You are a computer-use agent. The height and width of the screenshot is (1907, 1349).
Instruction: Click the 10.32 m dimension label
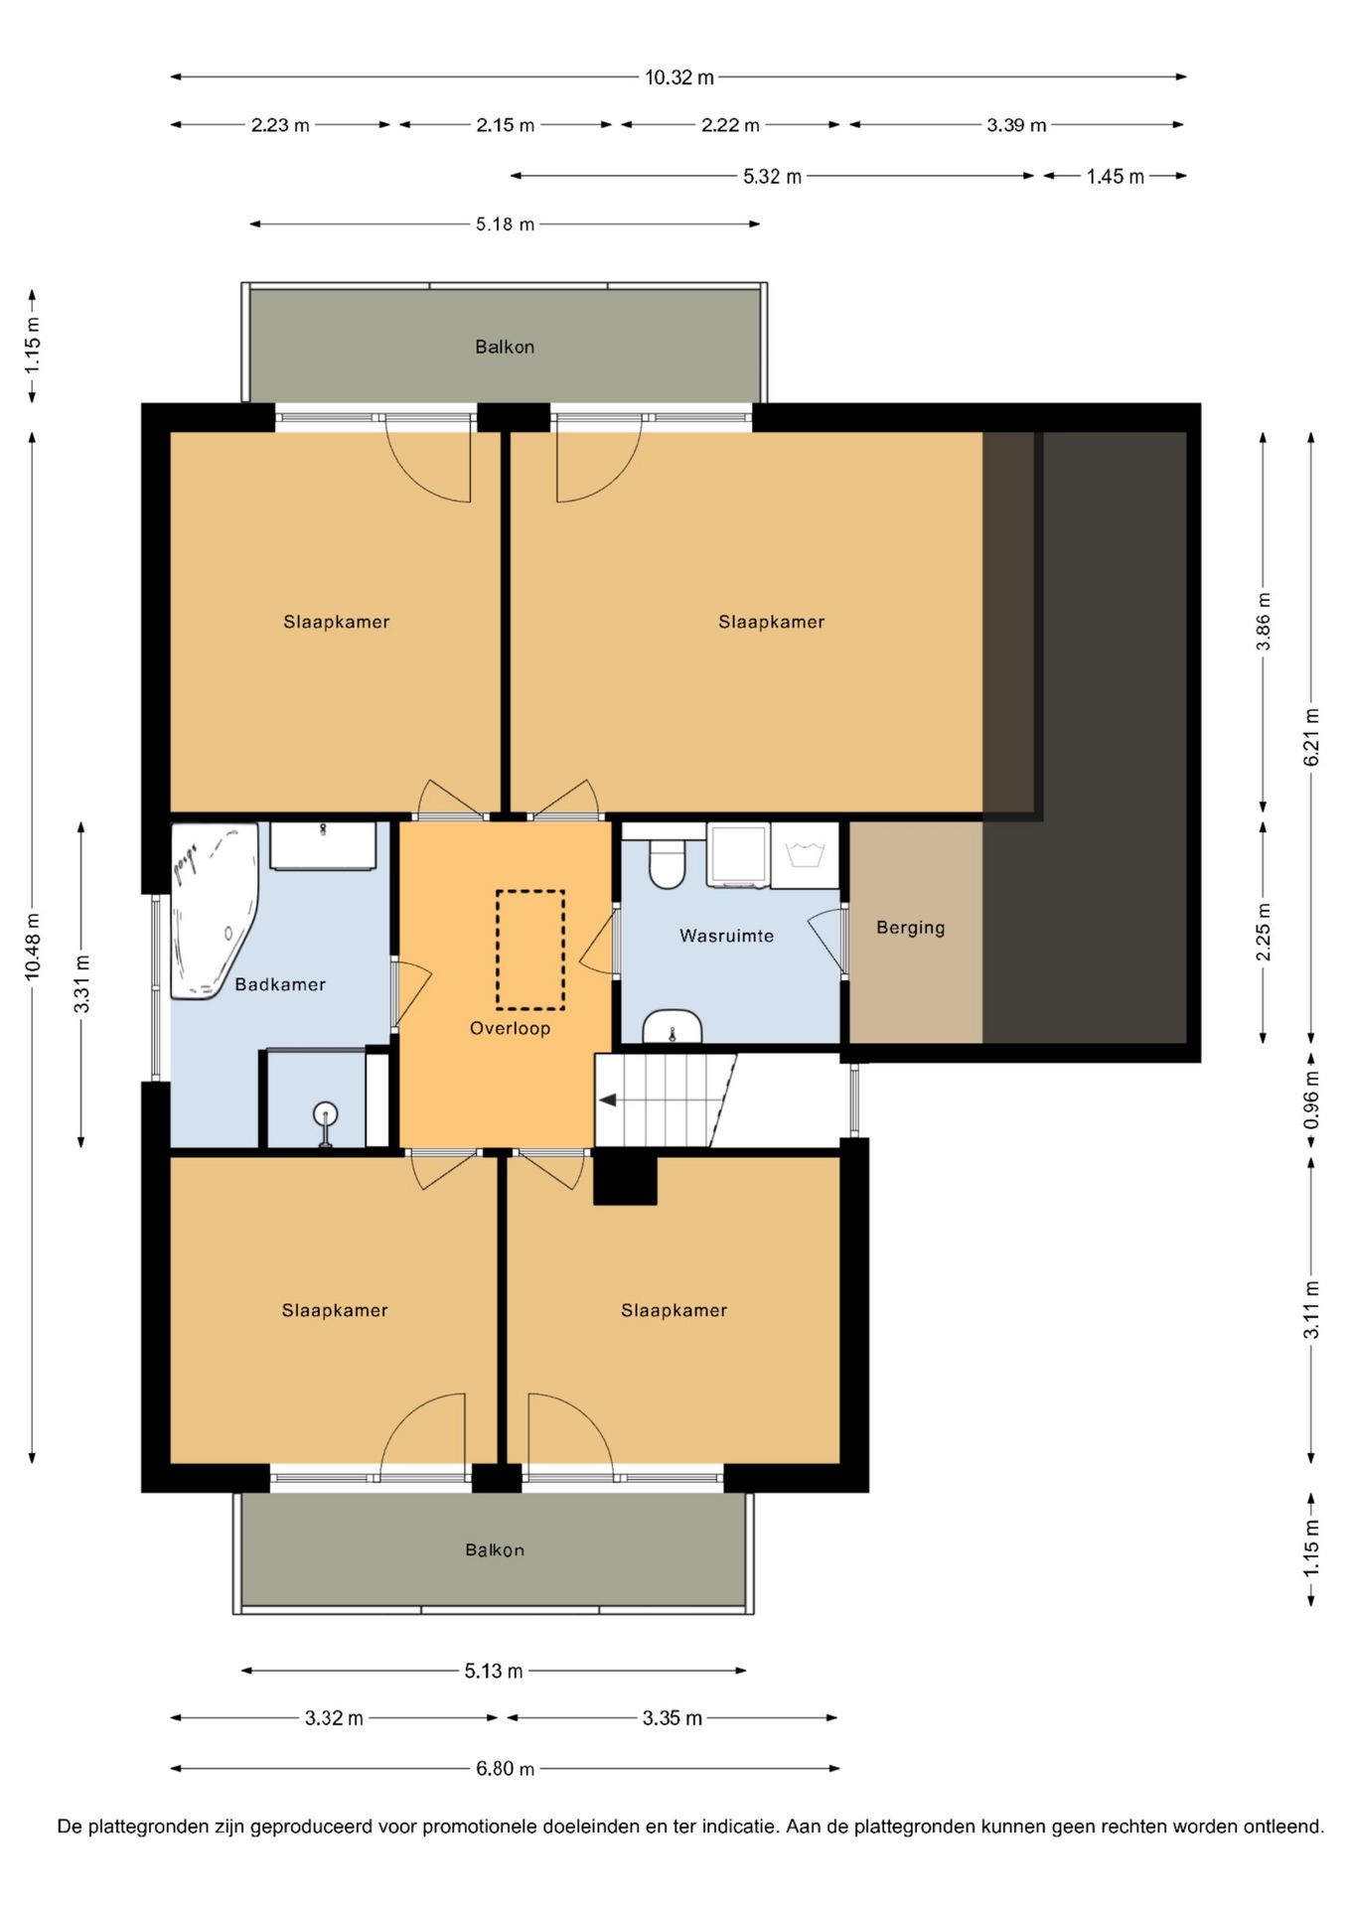[679, 77]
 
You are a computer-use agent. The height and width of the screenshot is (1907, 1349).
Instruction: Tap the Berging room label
[910, 928]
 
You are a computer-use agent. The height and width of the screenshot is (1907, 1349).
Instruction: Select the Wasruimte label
[726, 936]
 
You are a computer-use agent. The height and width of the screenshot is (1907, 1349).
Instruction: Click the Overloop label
[510, 1028]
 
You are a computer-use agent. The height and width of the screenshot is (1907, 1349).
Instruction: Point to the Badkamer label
[280, 984]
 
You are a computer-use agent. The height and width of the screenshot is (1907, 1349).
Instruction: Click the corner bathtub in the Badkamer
[213, 909]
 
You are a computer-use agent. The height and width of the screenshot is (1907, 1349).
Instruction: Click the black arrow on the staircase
[607, 1100]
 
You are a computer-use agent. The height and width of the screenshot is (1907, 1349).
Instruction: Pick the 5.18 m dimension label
[505, 224]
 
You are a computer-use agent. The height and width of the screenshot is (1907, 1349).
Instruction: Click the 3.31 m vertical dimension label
[82, 983]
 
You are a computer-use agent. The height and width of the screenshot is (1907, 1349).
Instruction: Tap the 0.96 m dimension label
[1311, 1100]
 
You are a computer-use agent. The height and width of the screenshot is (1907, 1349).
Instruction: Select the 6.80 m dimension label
[505, 1769]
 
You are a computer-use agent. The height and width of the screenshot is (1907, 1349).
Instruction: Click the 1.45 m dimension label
[1115, 177]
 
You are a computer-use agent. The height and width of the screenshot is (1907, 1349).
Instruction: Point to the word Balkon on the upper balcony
[505, 347]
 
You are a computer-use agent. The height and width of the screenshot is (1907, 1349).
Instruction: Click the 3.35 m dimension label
[672, 1718]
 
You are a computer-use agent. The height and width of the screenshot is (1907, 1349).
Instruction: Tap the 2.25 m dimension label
[1264, 932]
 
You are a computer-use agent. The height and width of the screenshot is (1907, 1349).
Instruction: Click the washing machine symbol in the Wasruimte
[738, 855]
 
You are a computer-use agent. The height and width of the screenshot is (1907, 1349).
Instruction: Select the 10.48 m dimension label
[34, 947]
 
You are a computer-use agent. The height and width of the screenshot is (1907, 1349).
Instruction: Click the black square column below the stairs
[625, 1177]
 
